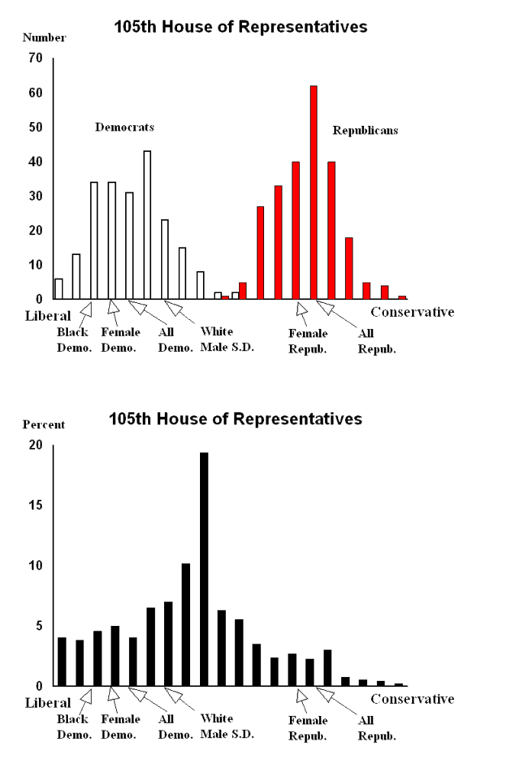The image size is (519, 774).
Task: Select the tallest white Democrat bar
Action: pyautogui.click(x=147, y=224)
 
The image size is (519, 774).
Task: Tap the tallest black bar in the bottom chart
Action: pyautogui.click(x=204, y=569)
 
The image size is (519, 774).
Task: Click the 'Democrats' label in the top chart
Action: pyautogui.click(x=124, y=127)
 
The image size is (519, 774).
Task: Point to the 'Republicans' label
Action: pyautogui.click(x=365, y=131)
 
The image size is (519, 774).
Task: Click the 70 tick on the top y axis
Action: pyautogui.click(x=36, y=58)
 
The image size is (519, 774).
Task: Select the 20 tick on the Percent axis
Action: pyautogui.click(x=36, y=445)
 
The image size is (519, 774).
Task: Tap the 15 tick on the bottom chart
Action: pyautogui.click(x=36, y=505)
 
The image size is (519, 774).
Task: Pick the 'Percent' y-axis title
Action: pyautogui.click(x=44, y=424)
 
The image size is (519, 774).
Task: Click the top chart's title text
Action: pyautogui.click(x=240, y=27)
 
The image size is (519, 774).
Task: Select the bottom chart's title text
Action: pyautogui.click(x=235, y=419)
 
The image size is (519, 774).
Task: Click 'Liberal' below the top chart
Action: pyautogui.click(x=48, y=315)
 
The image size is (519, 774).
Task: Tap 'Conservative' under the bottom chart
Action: pyautogui.click(x=412, y=698)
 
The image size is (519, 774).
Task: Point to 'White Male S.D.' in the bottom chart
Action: pyautogui.click(x=227, y=726)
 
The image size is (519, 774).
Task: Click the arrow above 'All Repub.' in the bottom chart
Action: pyautogui.click(x=326, y=695)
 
